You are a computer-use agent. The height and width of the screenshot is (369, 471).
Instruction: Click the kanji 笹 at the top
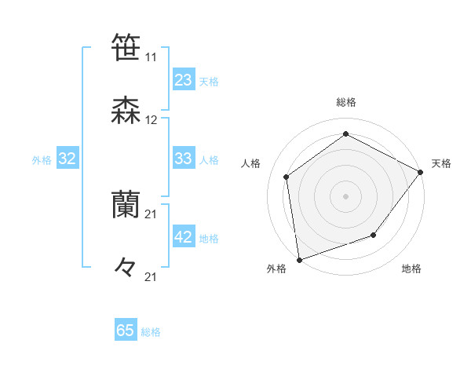tap(126, 47)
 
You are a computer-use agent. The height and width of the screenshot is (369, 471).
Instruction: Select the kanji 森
tap(126, 110)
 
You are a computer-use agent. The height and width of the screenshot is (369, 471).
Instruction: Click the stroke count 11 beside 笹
tap(151, 57)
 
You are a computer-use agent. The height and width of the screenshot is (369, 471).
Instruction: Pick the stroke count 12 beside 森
tap(151, 120)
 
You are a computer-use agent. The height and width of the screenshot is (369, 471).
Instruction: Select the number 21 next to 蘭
tap(151, 214)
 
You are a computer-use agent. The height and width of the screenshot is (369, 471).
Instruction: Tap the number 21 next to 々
tap(151, 277)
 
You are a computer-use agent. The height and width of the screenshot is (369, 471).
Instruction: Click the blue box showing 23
tap(184, 80)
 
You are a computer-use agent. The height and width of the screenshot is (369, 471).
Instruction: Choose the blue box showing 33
tap(184, 159)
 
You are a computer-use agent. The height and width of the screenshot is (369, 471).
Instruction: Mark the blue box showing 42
tap(184, 237)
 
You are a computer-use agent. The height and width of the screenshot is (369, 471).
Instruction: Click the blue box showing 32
tap(68, 159)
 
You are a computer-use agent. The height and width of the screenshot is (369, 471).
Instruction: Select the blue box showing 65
tap(126, 331)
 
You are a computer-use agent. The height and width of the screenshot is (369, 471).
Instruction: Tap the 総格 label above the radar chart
tap(345, 102)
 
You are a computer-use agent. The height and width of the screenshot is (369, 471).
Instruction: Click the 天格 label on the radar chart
tap(441, 163)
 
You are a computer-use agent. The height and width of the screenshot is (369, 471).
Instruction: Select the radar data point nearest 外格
tap(299, 259)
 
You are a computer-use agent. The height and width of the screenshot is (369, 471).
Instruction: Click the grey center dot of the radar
tap(345, 195)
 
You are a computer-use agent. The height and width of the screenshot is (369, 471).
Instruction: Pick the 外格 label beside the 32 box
tap(42, 160)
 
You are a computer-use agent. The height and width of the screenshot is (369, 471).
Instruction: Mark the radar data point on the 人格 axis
tap(287, 177)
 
